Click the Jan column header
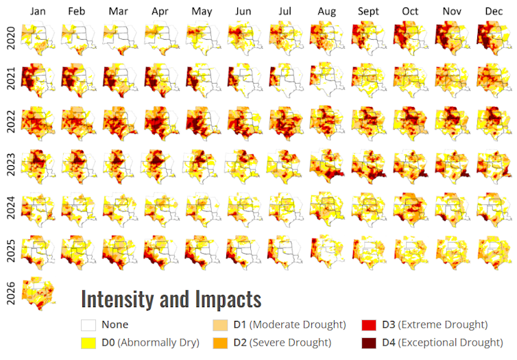pos(38,12)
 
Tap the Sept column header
pos(369,12)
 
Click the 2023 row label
pos(10,165)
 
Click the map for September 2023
pos(369,165)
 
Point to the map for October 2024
pos(410,207)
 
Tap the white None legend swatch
pos(88,325)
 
